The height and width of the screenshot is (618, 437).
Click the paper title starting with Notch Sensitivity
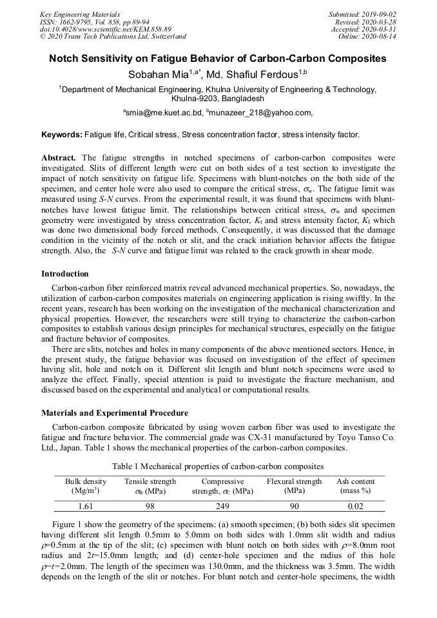click(218, 59)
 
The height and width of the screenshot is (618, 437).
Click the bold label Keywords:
click(62, 135)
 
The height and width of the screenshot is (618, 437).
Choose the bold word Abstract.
click(59, 157)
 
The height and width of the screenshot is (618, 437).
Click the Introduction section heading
click(65, 274)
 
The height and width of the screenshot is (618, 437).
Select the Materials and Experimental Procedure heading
click(115, 413)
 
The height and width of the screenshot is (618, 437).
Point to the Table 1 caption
click(218, 466)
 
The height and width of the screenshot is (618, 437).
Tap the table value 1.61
click(86, 507)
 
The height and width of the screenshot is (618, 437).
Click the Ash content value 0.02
click(355, 507)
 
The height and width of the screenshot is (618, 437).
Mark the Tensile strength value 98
click(150, 507)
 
